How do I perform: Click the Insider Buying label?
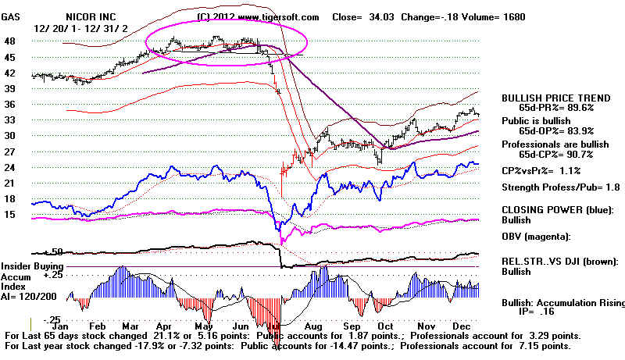(30, 266)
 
